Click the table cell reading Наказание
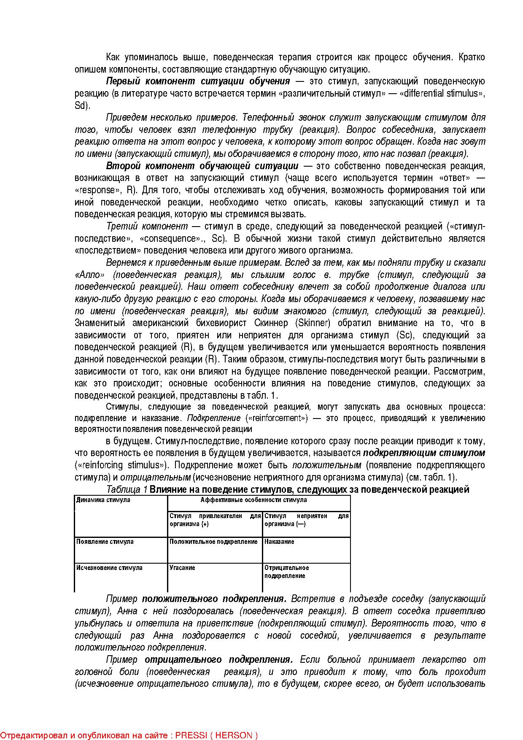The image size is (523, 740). coord(279,542)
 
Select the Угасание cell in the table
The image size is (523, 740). coord(182,568)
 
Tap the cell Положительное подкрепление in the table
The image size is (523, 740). coord(213,542)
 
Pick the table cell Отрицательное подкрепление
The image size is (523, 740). coord(287,572)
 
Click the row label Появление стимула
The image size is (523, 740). coord(105,542)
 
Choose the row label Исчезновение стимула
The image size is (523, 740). coord(109,568)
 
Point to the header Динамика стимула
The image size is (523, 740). coord(103,500)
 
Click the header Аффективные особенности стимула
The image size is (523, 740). coord(253,500)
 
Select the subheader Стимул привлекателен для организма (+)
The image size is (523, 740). coord(215,520)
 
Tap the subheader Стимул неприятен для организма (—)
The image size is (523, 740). coord(307,520)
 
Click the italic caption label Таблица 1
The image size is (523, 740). coord(127,489)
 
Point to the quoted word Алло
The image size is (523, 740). coord(89,275)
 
